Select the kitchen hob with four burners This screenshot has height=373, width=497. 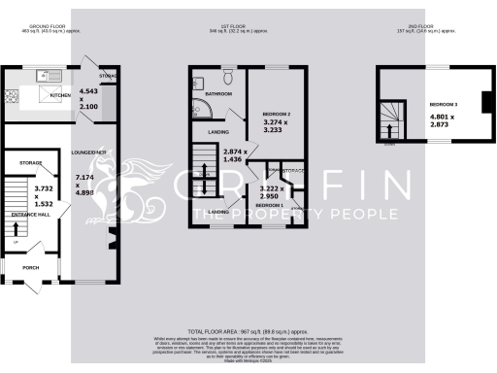(15, 96)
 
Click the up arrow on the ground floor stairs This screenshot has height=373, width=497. (16, 230)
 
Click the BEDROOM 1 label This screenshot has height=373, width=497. (269, 206)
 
